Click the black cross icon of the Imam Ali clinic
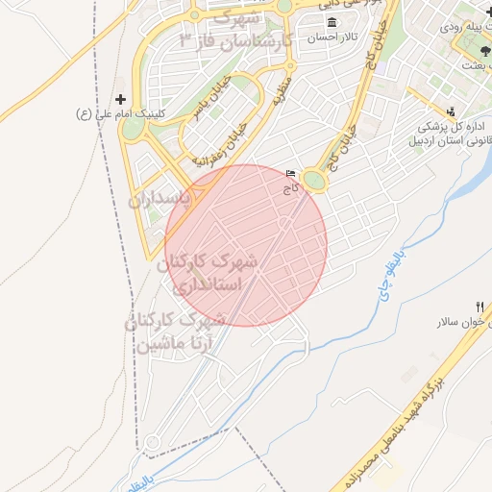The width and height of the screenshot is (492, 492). pyautogui.click(x=120, y=99)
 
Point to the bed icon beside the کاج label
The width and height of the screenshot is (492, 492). pyautogui.click(x=291, y=174)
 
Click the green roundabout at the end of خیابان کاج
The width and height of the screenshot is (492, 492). pyautogui.click(x=313, y=180)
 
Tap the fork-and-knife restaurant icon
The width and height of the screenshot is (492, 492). pyautogui.click(x=480, y=307)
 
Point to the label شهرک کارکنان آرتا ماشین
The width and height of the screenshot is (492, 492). pyautogui.click(x=178, y=331)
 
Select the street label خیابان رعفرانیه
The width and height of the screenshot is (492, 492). pyautogui.click(x=222, y=141)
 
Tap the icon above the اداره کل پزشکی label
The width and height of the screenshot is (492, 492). pyautogui.click(x=452, y=111)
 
